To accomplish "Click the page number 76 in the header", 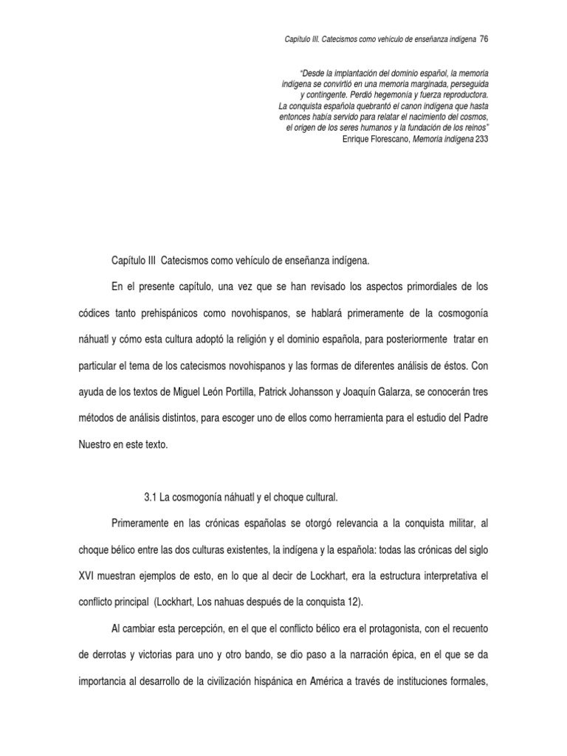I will point(484,38).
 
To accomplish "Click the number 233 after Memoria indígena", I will point(482,138).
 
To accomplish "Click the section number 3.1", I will point(148,496).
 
